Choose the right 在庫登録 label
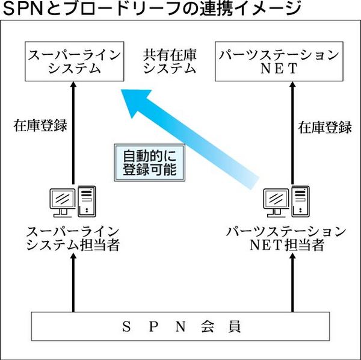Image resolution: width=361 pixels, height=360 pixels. tap(325, 127)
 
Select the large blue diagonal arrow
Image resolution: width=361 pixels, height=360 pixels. tap(187, 133)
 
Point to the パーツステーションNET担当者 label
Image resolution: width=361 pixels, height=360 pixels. tap(288, 238)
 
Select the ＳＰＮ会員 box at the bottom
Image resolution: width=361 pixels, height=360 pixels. tap(180, 327)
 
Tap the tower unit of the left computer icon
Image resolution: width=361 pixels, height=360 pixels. tap(87, 200)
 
